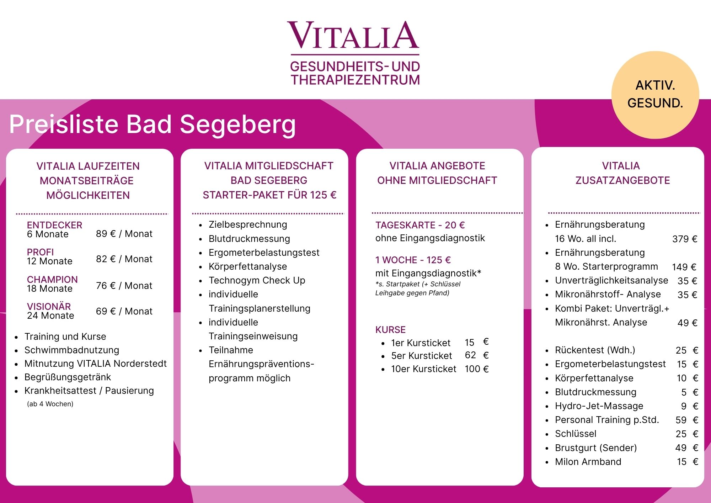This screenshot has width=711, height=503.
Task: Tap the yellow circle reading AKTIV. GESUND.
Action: pos(655,95)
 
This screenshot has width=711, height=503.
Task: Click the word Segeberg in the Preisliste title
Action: pos(238,125)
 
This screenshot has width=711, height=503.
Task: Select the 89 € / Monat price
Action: pos(124,234)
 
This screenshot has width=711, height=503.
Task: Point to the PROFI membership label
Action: pos(41,252)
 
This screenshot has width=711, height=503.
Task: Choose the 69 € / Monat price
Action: pos(124,311)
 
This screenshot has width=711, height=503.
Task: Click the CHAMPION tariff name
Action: pos(52,279)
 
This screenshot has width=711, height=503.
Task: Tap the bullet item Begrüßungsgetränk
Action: pos(68,377)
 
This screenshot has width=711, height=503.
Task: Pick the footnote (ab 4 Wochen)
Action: pos(50,404)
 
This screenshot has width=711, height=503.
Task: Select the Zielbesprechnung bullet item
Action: pos(248,225)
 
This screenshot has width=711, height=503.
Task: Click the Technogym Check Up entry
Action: pos(257,280)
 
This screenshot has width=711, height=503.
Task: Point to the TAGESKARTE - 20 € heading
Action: pos(420,225)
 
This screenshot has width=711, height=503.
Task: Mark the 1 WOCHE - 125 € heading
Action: pos(413,260)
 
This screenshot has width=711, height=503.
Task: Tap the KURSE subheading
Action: pos(390,330)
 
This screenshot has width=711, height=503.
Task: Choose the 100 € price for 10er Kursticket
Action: pos(477,369)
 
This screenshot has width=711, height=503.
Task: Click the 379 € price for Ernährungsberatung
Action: pos(685,239)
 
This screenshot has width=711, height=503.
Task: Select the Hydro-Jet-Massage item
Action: pos(599,406)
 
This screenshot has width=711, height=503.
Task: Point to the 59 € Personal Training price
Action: pos(687,420)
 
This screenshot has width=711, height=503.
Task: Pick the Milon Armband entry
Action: pos(588,462)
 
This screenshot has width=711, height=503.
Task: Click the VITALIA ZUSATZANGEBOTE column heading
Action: pos(622,173)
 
